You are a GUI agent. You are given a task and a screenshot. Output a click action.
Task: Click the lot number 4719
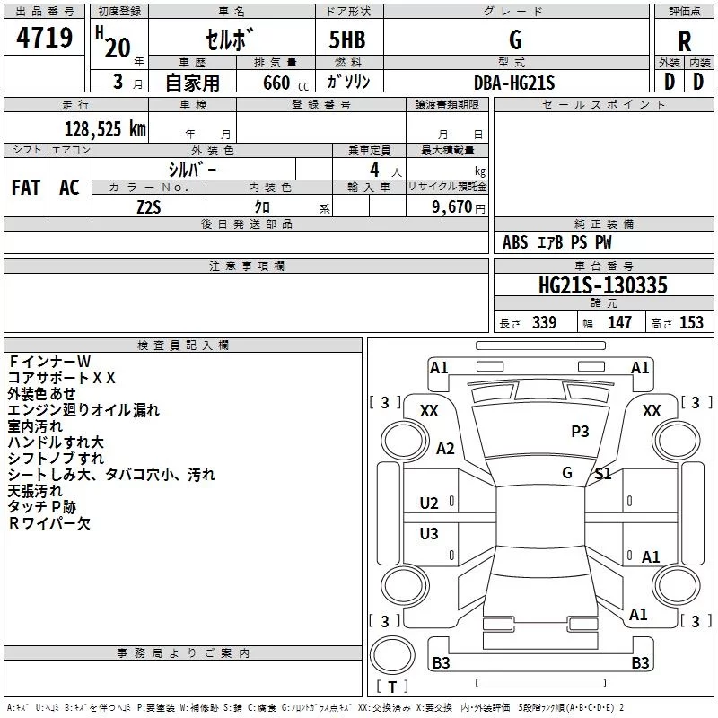[45, 39]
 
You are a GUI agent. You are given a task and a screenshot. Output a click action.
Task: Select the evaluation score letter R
[684, 42]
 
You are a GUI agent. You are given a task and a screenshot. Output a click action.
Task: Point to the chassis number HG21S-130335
[602, 285]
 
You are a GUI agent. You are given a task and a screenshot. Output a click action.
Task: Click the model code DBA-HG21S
[516, 83]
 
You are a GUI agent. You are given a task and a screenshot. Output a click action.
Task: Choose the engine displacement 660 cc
[275, 83]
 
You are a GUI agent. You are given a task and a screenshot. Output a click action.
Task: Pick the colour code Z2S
[148, 206]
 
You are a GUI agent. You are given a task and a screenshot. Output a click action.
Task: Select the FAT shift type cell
[26, 188]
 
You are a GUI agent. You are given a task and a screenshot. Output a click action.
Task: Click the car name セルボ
[232, 41]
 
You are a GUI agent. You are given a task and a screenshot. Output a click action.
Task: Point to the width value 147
[619, 322]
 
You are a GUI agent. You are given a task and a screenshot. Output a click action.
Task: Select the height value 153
[691, 322]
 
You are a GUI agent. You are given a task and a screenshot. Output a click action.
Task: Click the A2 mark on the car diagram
[445, 449]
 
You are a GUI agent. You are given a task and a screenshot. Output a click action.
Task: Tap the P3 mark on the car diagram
[580, 432]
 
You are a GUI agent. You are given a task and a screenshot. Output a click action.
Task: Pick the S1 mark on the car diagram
[602, 474]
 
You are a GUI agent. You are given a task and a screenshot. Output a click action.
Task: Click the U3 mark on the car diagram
[429, 534]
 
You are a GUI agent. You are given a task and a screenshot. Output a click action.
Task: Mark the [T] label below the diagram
[392, 687]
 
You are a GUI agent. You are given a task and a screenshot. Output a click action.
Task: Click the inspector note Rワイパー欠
[49, 523]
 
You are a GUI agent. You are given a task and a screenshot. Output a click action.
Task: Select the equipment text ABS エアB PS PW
[556, 242]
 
